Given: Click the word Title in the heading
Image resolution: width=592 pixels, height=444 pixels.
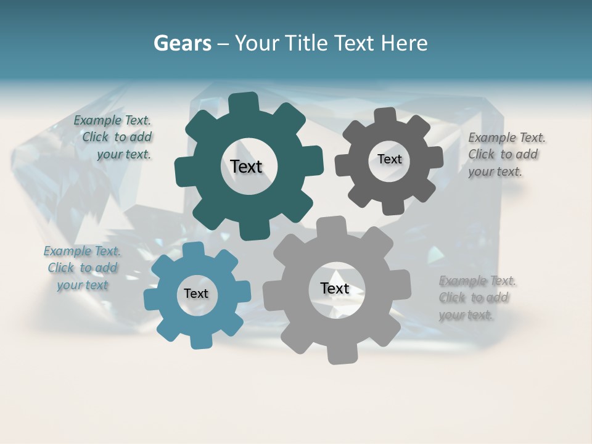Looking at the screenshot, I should tap(308, 43).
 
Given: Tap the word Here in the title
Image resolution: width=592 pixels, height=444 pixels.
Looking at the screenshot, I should tap(404, 43).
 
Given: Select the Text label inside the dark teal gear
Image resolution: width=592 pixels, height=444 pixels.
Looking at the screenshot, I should tap(246, 166).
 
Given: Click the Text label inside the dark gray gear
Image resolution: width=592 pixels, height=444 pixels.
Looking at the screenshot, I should tap(389, 159).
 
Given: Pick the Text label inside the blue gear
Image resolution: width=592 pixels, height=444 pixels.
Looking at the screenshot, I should tap(196, 294).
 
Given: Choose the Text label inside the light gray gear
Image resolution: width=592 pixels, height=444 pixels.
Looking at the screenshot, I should tap(335, 289).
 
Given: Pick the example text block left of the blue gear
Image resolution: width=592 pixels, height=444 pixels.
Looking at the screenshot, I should tap(82, 268).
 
